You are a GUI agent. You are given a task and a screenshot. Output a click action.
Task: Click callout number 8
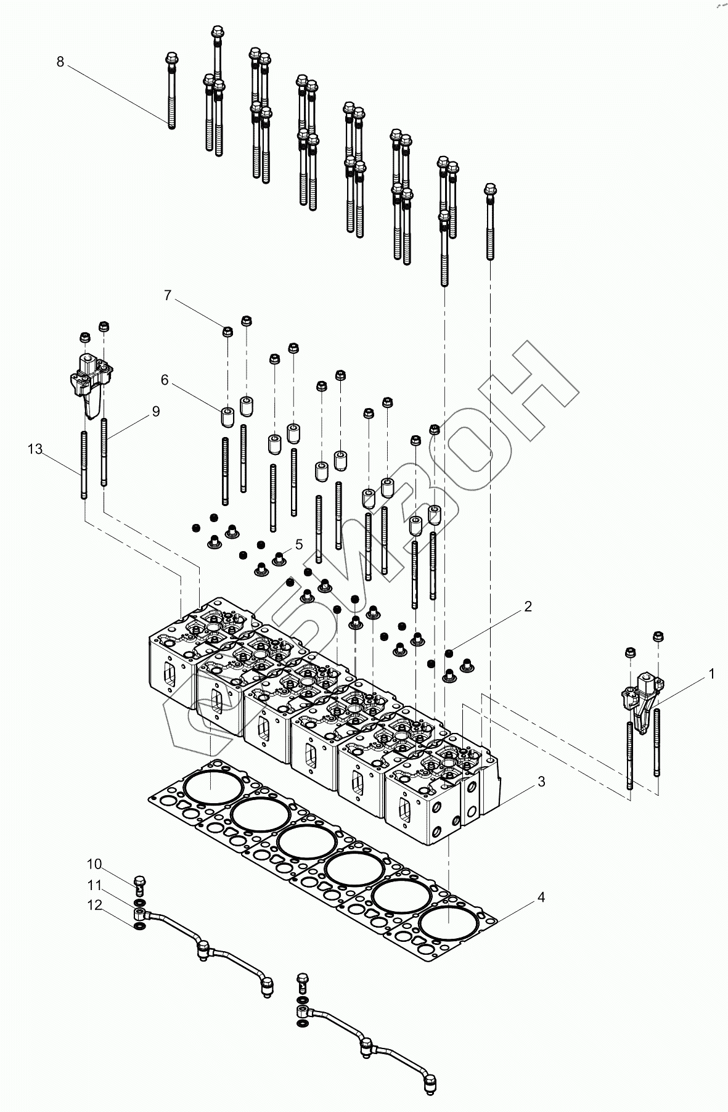(x=60, y=62)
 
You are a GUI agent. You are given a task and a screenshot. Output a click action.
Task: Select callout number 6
(x=165, y=380)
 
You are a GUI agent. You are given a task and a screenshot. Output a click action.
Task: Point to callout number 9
(x=155, y=411)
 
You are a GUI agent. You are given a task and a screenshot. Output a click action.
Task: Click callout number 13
(x=35, y=449)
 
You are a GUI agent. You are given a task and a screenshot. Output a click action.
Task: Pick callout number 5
(x=299, y=544)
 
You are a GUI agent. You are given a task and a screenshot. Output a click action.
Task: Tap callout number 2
(x=528, y=607)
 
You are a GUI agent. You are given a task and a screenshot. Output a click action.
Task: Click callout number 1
(x=711, y=674)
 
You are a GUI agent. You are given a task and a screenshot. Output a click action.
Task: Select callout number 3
(x=541, y=782)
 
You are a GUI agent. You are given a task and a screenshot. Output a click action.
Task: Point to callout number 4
(x=541, y=897)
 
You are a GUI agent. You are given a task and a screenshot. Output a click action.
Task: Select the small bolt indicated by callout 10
(x=139, y=885)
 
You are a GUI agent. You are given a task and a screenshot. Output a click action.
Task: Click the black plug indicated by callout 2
(x=449, y=652)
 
